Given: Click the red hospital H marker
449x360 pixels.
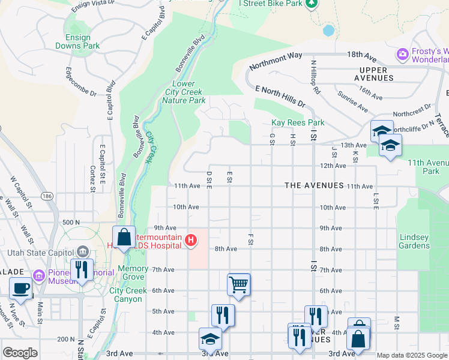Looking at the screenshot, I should pos(191,241).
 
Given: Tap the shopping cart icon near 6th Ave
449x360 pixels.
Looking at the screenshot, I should pos(238,284).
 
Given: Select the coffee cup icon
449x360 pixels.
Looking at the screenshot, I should pos(21,287).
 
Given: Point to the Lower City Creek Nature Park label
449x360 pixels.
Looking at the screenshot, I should pos(184,92).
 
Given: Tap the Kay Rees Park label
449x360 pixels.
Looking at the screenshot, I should pos(298,122).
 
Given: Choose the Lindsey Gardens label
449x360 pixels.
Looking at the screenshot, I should pos(414,241).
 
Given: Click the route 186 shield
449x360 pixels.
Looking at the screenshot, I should pos(47,196).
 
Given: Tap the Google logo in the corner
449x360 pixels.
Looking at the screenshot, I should pos(20,352).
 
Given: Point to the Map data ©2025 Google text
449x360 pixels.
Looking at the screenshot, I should pos(412,355).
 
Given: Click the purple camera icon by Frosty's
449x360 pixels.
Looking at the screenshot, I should pos(402,55).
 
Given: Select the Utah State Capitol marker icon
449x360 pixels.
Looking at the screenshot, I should pos(83,250).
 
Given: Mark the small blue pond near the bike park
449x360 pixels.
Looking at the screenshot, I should pos(328,30).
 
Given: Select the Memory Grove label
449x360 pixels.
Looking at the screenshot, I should pos(131,272).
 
